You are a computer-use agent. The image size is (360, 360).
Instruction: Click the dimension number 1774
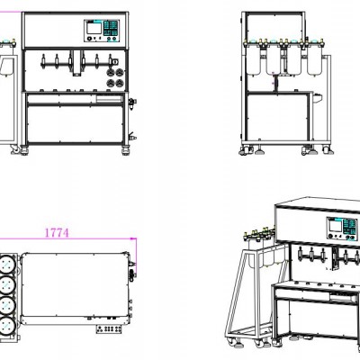pyautogui.click(x=57, y=233)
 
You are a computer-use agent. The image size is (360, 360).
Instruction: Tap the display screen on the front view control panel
pyautogui.click(x=94, y=28)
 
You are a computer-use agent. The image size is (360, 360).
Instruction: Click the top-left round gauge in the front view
pyautogui.click(x=111, y=72)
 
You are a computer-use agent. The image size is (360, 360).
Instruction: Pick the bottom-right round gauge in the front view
pyautogui.click(x=120, y=83)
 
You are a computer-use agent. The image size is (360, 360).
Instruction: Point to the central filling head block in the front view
pyautogui.click(x=77, y=63)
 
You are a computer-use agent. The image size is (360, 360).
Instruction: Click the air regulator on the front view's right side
pyautogui.click(x=131, y=103)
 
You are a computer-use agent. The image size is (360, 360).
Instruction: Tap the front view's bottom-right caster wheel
pyautogui.click(x=125, y=149)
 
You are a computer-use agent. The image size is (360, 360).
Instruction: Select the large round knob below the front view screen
pyautogui.click(x=89, y=39)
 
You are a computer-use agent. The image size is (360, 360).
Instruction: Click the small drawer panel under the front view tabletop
pyautogui.click(x=109, y=99)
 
